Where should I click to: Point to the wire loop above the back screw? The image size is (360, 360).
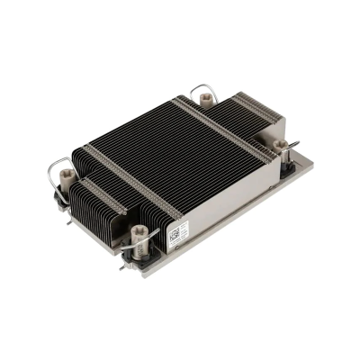point(202,90)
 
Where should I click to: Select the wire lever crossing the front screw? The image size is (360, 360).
point(148,241)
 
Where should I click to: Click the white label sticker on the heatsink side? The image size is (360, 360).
point(177,231)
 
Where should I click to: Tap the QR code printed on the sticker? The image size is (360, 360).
point(173,230)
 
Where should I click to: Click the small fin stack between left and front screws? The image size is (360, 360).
point(99,207)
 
